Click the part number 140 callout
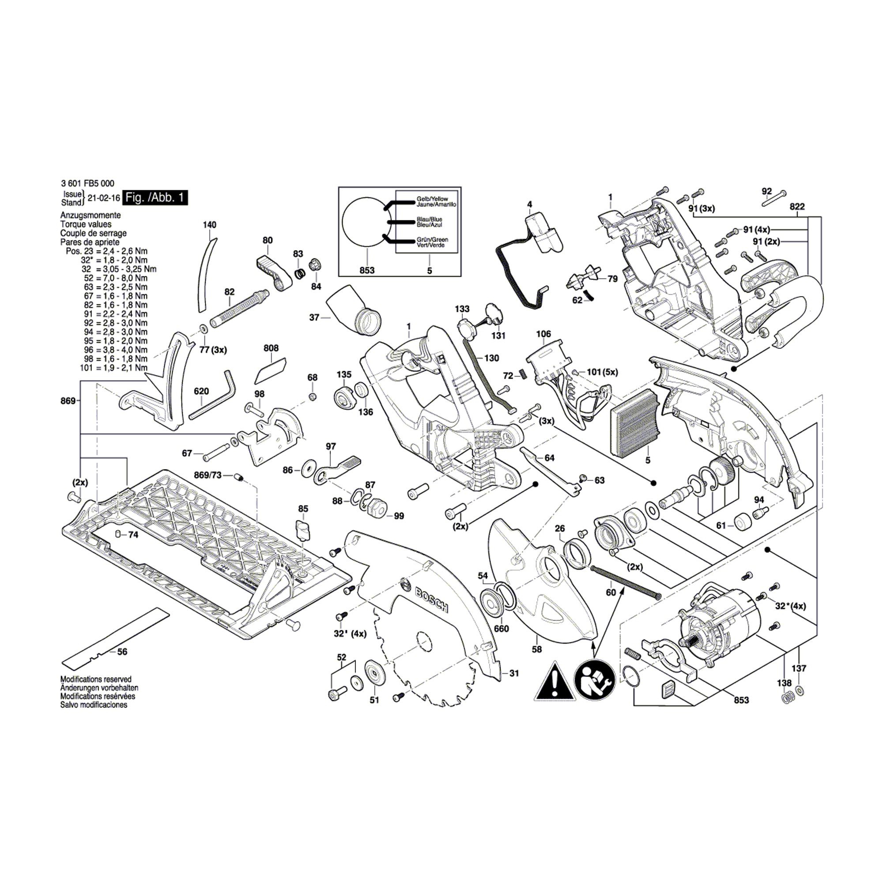click(x=209, y=225)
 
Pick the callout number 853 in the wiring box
click(x=367, y=271)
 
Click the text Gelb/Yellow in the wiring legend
click(x=432, y=199)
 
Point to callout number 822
click(x=796, y=207)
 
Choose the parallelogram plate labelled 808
click(x=270, y=370)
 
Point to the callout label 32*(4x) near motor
click(x=790, y=606)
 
